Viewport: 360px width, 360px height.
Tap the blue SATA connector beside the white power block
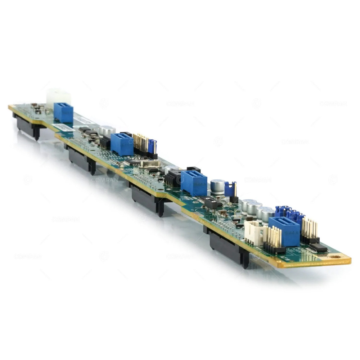63,112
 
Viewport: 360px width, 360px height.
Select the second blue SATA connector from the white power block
122,144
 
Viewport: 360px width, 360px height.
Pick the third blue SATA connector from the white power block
194,183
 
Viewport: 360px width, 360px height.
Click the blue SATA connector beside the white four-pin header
284,230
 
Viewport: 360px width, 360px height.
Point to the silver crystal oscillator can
148,164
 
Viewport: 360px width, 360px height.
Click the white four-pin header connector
255,232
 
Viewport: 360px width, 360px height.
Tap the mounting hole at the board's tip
336,257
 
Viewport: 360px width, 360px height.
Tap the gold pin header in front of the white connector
274,239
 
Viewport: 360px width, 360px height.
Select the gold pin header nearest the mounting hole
310,230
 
